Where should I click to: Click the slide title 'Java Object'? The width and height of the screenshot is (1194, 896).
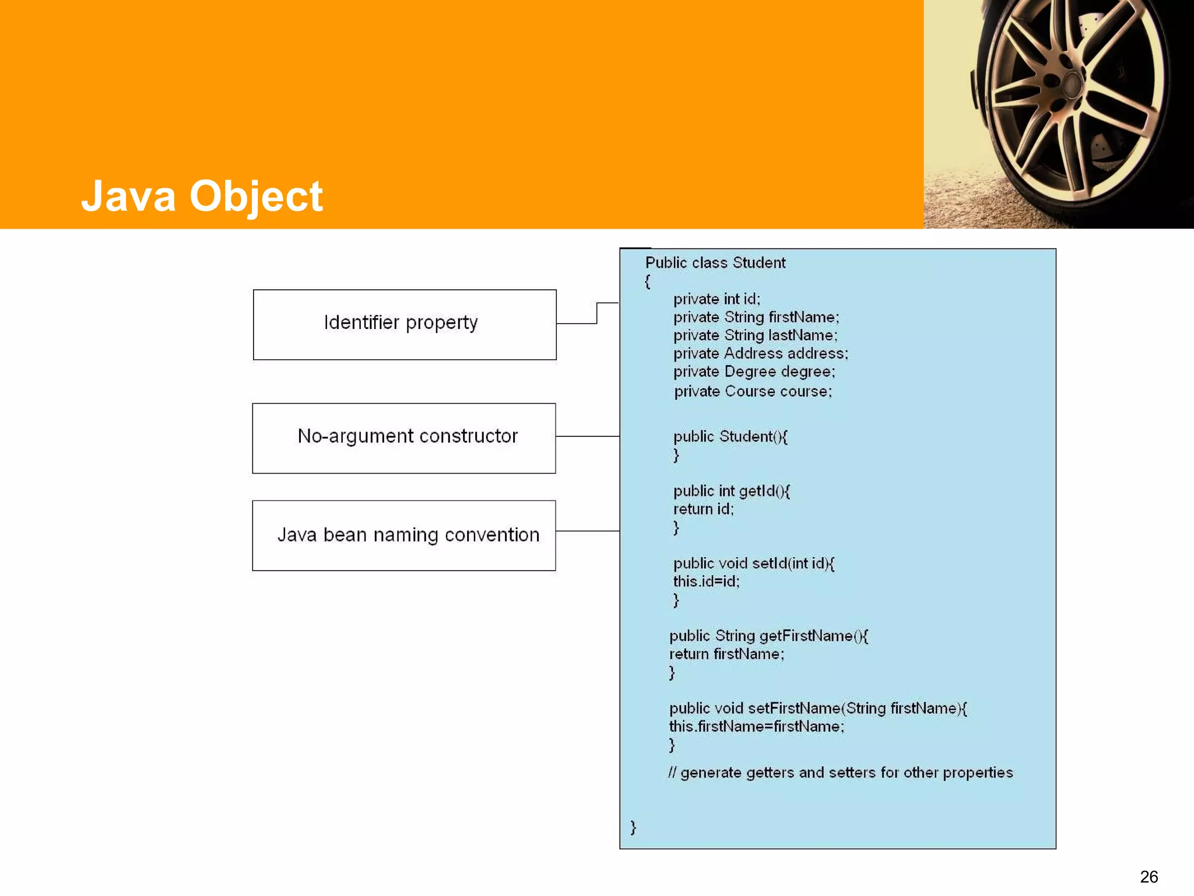(x=202, y=196)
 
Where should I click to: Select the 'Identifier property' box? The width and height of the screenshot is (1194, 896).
(x=405, y=324)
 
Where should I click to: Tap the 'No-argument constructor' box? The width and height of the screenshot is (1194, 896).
(x=404, y=438)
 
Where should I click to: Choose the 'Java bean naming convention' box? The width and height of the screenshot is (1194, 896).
(x=404, y=535)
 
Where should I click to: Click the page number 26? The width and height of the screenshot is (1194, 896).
(x=1149, y=877)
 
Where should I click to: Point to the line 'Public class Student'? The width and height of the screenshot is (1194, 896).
(x=715, y=263)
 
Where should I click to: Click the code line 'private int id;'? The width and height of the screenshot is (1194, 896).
(x=717, y=299)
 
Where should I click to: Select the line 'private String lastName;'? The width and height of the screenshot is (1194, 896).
(x=755, y=335)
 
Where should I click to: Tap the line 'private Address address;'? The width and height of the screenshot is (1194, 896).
(x=761, y=353)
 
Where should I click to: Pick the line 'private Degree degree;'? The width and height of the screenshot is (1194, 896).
(x=754, y=372)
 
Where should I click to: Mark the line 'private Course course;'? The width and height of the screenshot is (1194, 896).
(x=753, y=391)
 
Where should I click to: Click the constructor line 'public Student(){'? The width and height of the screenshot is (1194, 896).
(x=730, y=437)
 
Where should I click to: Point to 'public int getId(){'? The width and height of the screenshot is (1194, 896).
(x=731, y=491)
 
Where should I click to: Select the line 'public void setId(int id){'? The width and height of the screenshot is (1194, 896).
(x=754, y=563)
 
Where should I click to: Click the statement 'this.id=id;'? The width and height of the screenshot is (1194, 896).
(x=706, y=582)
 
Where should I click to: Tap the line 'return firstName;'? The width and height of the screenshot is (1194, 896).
(x=726, y=654)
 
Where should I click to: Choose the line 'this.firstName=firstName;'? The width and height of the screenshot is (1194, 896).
(x=756, y=726)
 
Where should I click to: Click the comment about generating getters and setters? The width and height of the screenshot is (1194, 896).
(x=840, y=772)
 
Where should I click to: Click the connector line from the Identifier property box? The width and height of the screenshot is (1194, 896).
(x=596, y=313)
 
